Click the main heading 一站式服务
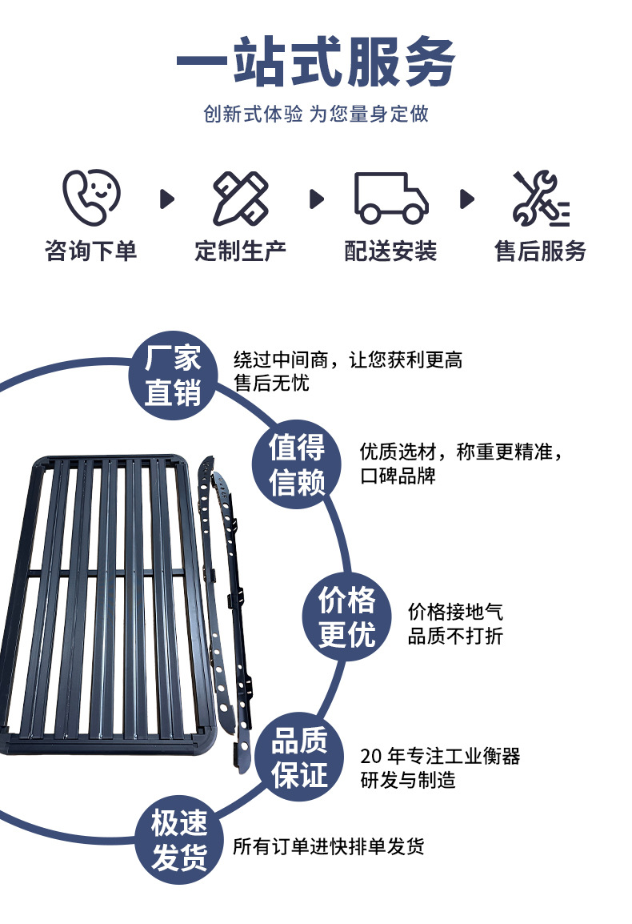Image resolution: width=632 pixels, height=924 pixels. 316,62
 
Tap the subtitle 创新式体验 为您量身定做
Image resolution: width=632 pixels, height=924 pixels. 316,114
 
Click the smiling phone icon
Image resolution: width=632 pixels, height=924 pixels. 91,198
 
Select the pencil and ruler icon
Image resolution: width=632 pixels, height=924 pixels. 240,198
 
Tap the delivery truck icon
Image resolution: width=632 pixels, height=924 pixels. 391,198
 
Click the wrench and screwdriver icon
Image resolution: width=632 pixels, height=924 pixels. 541,198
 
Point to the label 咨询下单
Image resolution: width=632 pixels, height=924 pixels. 90,251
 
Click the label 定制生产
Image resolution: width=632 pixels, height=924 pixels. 240,251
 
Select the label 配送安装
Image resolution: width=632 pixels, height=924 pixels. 390,251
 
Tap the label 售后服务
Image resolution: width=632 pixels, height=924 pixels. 541,251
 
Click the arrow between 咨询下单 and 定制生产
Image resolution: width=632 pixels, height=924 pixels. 167,199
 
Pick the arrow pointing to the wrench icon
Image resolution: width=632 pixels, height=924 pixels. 467,199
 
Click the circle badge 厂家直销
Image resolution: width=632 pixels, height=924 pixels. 173,376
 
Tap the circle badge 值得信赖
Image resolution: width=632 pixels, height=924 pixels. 297,464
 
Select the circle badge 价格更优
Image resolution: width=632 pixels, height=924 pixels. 347,617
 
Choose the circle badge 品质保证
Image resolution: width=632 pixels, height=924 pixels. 299,757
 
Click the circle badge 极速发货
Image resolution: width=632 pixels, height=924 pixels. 179,840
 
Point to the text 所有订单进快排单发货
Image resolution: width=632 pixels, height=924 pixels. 329,847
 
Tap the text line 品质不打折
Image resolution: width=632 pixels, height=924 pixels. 455,636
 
